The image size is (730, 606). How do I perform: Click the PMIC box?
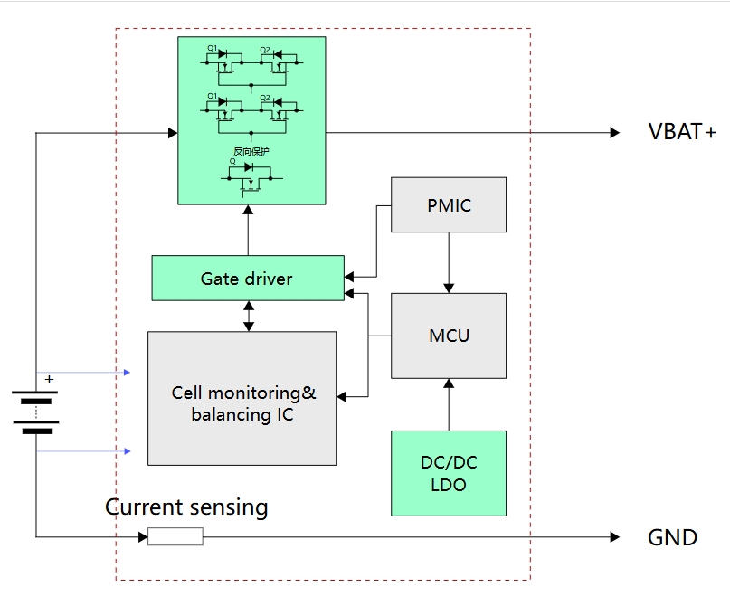(x=448, y=205)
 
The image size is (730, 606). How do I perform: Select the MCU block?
(x=448, y=336)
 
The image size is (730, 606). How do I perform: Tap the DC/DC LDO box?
(x=448, y=473)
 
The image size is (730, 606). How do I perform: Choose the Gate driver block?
(x=247, y=279)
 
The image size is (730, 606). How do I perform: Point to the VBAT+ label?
(x=682, y=132)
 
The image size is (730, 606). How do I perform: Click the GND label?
(x=672, y=537)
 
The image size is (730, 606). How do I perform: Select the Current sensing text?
(x=186, y=507)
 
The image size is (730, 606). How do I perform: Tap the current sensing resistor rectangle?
(x=175, y=537)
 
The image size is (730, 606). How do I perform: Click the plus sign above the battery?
(x=49, y=380)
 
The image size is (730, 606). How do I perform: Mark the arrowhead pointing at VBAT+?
(x=615, y=133)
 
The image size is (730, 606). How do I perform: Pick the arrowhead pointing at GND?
(x=615, y=537)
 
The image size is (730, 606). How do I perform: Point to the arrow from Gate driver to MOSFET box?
(x=248, y=230)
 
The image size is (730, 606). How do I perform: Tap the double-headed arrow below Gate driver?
(x=248, y=316)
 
